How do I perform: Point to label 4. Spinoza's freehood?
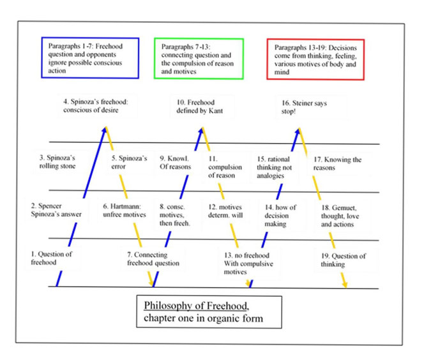point(96,106)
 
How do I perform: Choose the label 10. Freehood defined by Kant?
point(200,107)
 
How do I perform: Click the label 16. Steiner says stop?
point(304,107)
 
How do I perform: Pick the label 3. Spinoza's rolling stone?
point(57,161)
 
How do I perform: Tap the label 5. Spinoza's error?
point(129,162)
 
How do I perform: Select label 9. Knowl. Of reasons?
point(175,162)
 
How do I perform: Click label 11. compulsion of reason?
point(225,167)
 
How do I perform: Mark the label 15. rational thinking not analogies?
point(274,167)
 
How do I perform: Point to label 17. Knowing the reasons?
point(337,163)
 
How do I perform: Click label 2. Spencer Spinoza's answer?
point(56,210)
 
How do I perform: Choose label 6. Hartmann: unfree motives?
point(125,211)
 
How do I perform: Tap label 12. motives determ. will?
point(225,211)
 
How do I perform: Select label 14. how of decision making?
point(280,216)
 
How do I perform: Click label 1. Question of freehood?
point(51,258)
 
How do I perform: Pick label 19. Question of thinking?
point(344,260)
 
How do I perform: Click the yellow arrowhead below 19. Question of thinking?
point(345,285)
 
